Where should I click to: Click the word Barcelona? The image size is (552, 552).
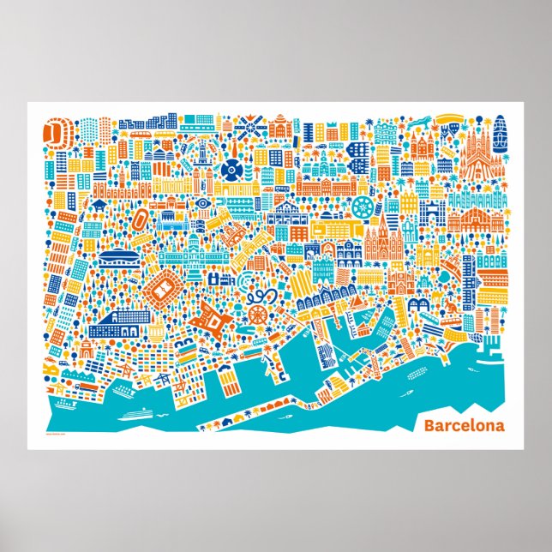(x=464, y=425)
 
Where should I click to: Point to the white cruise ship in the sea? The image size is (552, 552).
(x=135, y=411)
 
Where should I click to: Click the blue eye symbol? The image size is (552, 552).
(x=202, y=203)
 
